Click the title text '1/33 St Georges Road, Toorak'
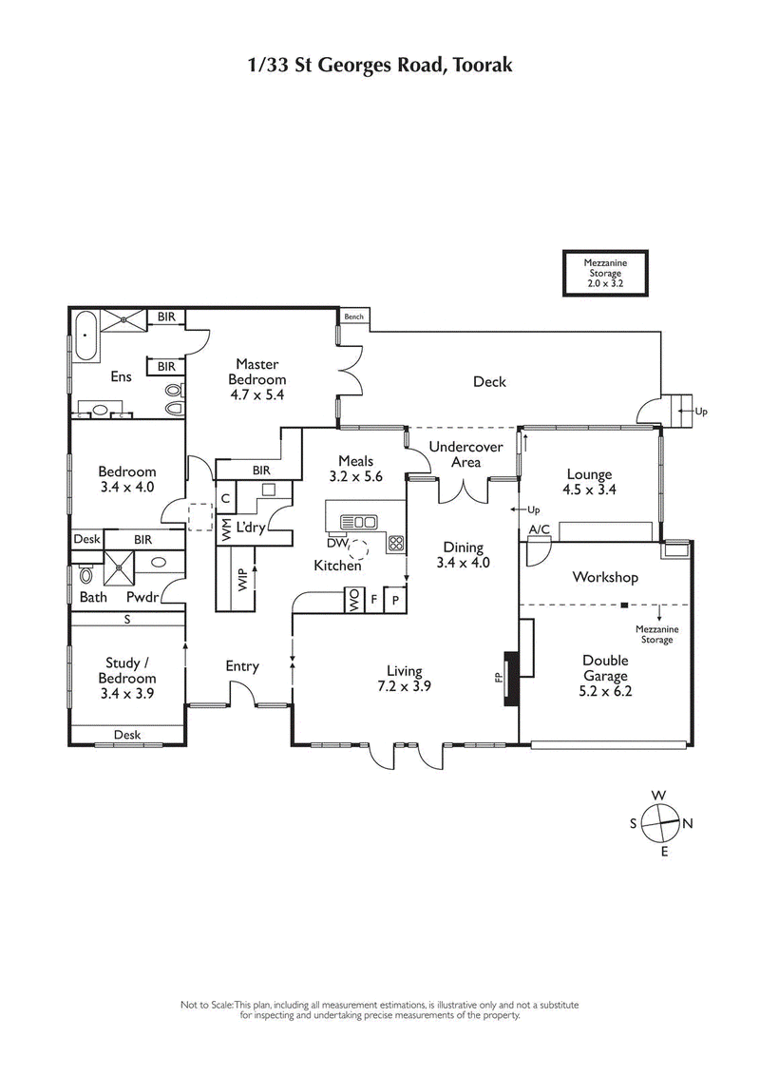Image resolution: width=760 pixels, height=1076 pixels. point(380,66)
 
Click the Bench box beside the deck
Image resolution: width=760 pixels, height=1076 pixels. point(354,317)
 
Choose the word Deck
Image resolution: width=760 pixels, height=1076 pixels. point(489,382)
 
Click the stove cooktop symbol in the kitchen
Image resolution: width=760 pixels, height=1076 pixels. point(396,545)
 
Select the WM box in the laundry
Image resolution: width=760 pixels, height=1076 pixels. point(225,530)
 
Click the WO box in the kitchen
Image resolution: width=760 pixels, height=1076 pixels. point(352,601)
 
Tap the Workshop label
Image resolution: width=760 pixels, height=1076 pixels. point(604,577)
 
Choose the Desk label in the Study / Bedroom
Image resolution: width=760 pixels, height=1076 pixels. point(127,735)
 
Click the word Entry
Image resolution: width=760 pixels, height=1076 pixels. point(242,666)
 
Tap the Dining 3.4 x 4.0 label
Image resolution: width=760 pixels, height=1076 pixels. point(462,555)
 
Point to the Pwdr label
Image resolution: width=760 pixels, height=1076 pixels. point(142,598)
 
